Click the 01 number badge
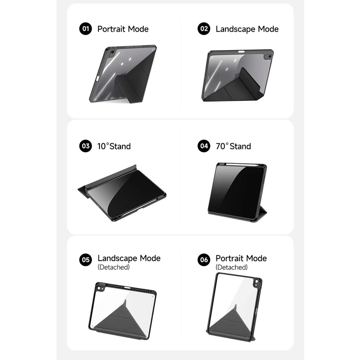[x=85, y=29]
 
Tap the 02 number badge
[x=204, y=29]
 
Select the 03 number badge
[x=85, y=146]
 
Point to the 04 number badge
[x=204, y=146]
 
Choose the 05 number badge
[x=85, y=260]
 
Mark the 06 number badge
[x=204, y=260]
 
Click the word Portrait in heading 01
[x=111, y=29]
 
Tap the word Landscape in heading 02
[x=235, y=29]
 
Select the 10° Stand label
[x=114, y=146]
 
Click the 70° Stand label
[x=233, y=146]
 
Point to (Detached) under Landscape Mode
[x=113, y=267]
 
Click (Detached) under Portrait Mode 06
[x=232, y=267]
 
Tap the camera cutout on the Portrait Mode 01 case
[x=112, y=53]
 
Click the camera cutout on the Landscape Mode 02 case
[x=269, y=56]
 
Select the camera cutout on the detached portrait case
[x=257, y=282]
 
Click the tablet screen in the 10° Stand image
[x=126, y=193]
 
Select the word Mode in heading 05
[x=150, y=258]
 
